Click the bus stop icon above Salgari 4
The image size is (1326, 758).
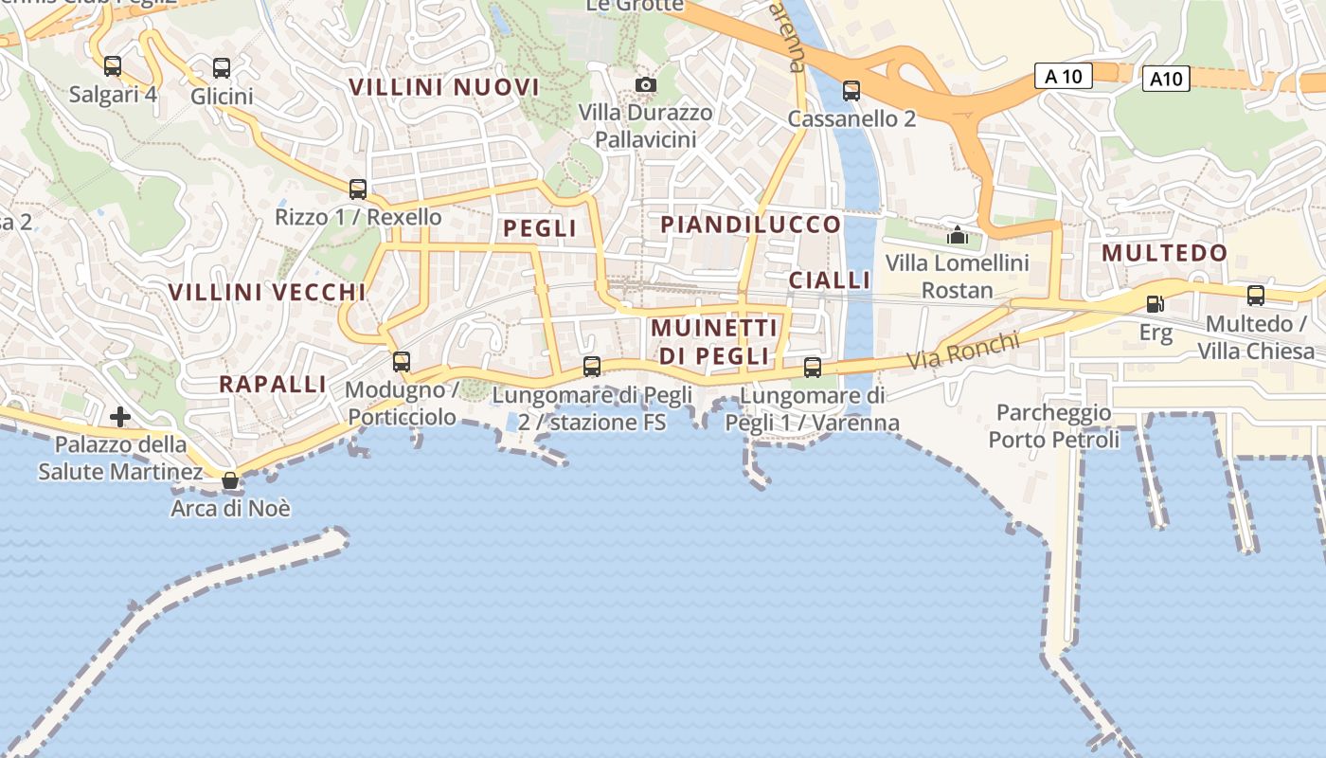click(113, 66)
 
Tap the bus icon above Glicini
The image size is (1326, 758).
click(222, 68)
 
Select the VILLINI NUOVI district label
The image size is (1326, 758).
click(444, 87)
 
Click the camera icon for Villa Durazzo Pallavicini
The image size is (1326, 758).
click(646, 85)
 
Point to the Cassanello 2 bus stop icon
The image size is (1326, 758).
click(851, 91)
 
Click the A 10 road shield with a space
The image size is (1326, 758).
click(1063, 76)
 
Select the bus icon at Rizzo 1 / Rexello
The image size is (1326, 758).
click(358, 189)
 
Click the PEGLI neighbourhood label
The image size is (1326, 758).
click(540, 228)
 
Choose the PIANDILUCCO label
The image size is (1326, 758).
click(751, 225)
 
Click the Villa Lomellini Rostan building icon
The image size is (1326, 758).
click(958, 234)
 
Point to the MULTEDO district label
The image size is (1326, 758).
click(1165, 253)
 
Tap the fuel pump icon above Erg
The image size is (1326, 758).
click(1155, 304)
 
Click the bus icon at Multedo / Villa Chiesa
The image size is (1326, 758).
click(1256, 296)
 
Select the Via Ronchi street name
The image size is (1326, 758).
click(963, 351)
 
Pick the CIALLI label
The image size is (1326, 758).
click(830, 280)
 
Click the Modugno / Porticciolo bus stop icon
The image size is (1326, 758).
click(402, 361)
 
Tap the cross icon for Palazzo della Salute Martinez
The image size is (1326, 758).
click(120, 416)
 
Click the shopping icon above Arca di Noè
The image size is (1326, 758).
click(230, 480)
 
